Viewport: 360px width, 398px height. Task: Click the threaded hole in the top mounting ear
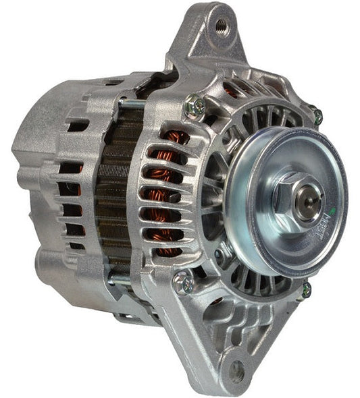[220, 26]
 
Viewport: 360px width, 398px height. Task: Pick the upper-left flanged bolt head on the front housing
[195, 106]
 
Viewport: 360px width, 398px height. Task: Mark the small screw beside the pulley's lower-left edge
[222, 254]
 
